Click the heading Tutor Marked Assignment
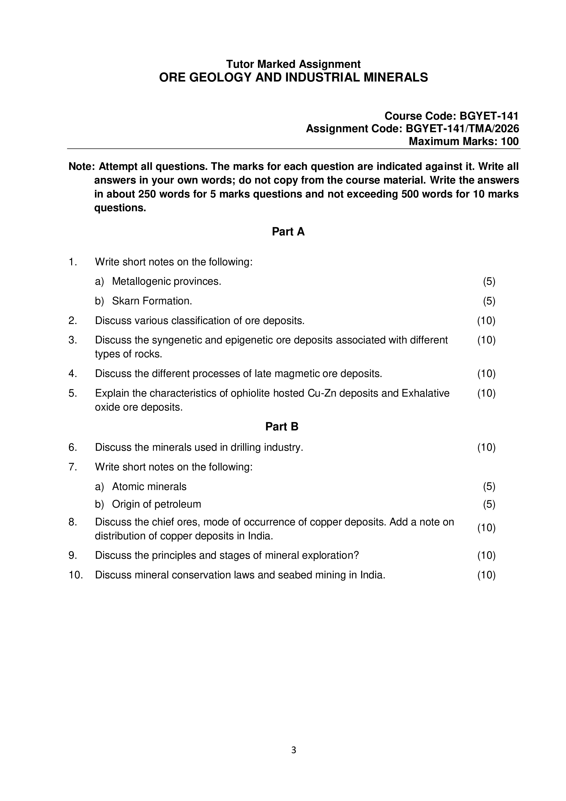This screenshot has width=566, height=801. [293, 64]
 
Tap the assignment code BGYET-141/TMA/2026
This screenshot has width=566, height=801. [462, 129]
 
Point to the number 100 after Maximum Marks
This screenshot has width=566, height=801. [509, 141]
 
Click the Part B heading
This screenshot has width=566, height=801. [282, 427]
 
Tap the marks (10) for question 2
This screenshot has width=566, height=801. [486, 321]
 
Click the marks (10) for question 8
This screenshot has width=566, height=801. [486, 528]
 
